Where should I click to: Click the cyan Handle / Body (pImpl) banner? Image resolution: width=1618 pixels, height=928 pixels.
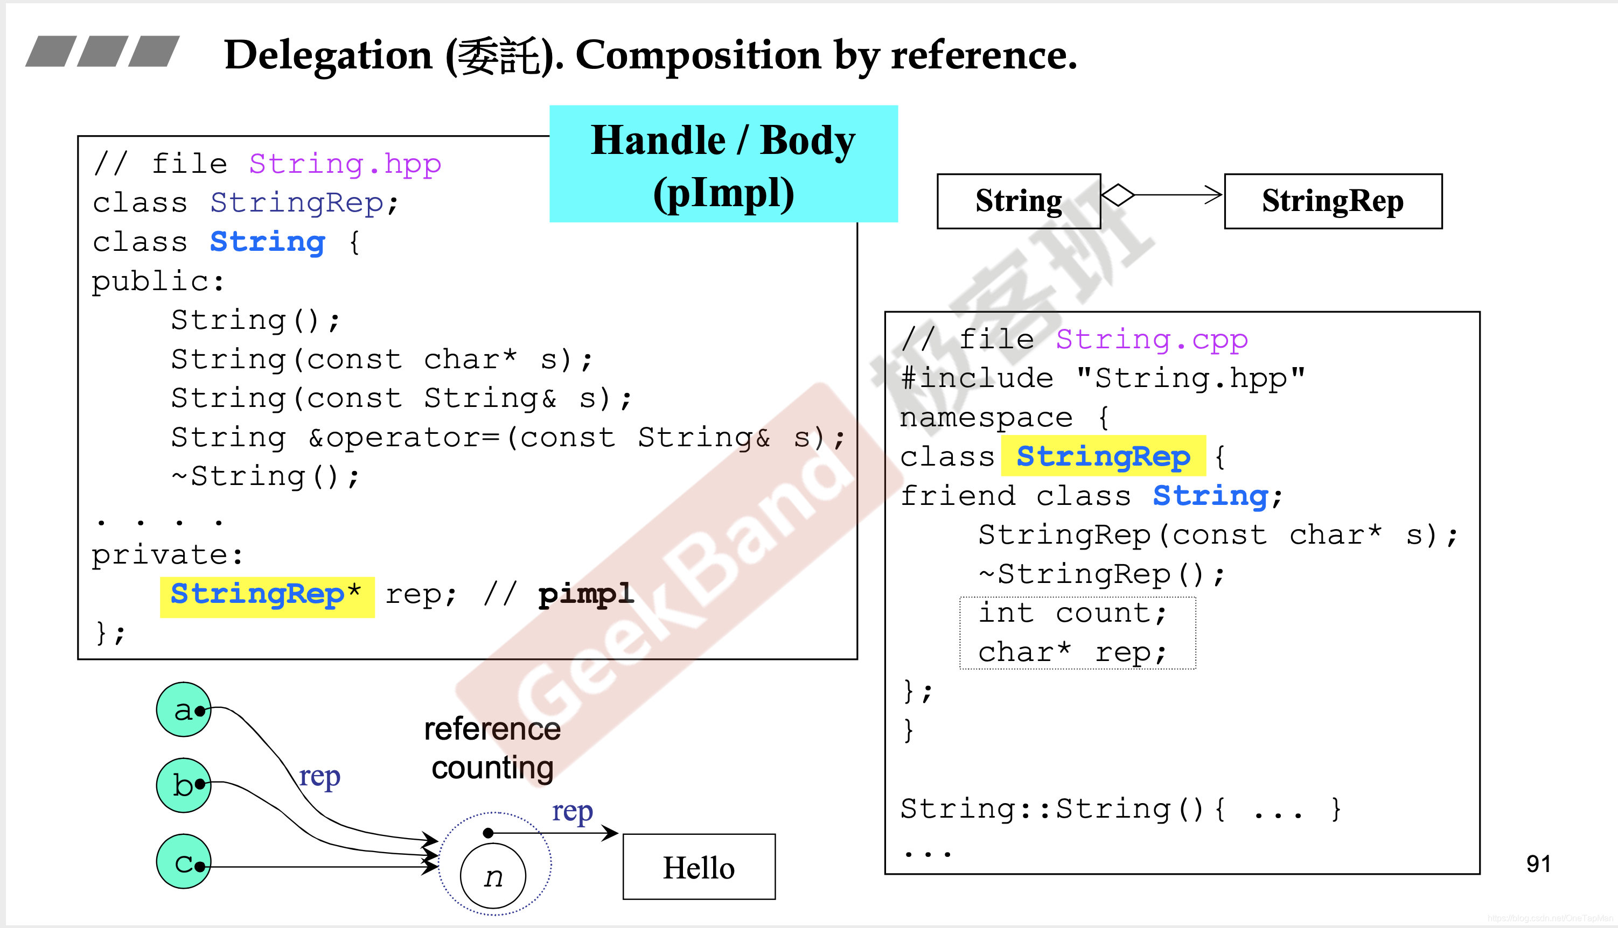[723, 164]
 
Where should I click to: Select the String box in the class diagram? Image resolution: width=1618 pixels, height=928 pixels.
[1019, 201]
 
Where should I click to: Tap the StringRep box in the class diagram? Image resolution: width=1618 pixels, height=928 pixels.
[1333, 201]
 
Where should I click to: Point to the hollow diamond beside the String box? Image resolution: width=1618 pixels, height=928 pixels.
[1118, 194]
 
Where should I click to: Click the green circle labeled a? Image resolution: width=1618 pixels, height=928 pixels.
[184, 709]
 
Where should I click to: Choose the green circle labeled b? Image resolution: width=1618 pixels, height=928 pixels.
[184, 785]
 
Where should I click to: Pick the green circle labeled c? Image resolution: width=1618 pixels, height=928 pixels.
[184, 862]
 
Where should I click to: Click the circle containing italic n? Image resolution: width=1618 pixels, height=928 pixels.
[493, 876]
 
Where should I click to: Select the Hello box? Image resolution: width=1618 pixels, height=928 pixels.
[699, 867]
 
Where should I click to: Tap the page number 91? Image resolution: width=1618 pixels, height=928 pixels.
[1538, 863]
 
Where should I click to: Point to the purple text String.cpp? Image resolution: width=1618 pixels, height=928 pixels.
[1151, 340]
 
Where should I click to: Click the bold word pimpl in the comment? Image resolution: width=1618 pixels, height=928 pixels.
[585, 595]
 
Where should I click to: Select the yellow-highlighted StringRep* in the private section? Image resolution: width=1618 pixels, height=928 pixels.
[267, 596]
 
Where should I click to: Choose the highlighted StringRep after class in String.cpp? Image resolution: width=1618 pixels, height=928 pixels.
[1103, 456]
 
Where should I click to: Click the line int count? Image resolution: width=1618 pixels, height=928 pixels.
[1073, 613]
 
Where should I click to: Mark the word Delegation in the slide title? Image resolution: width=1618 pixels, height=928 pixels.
[328, 55]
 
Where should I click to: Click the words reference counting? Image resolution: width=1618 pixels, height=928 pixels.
[492, 748]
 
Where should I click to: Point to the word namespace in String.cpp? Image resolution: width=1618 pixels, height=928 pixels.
[986, 418]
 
